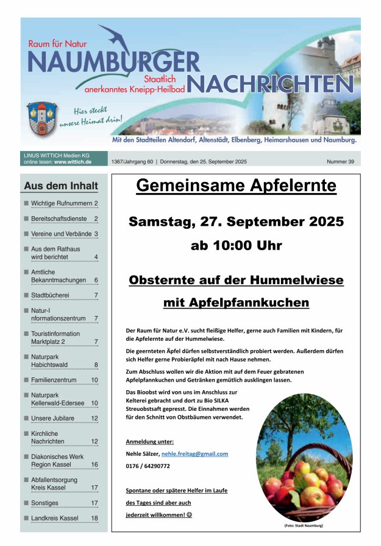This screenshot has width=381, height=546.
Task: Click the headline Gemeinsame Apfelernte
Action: click(x=236, y=186)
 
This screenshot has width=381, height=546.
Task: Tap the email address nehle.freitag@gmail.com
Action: click(x=194, y=453)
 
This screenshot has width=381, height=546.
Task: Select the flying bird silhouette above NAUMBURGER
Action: click(x=118, y=40)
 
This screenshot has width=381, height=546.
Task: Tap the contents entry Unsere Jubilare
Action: click(x=52, y=418)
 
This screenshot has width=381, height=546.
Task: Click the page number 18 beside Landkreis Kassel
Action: click(x=94, y=518)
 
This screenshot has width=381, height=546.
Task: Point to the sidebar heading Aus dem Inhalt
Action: click(x=60, y=186)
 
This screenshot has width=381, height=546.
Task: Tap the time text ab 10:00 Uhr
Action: click(x=236, y=246)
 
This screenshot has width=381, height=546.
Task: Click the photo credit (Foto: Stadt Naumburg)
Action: click(x=304, y=525)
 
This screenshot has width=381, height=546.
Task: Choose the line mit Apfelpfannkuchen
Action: click(x=236, y=303)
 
